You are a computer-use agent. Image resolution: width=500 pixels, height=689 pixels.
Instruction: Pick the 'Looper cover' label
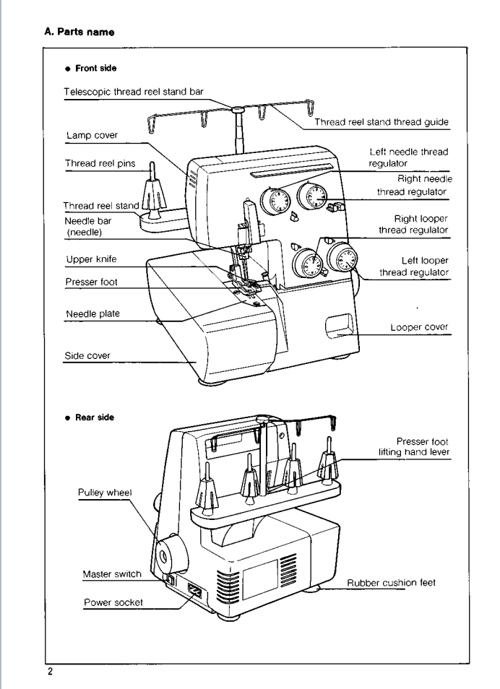(x=420, y=327)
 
